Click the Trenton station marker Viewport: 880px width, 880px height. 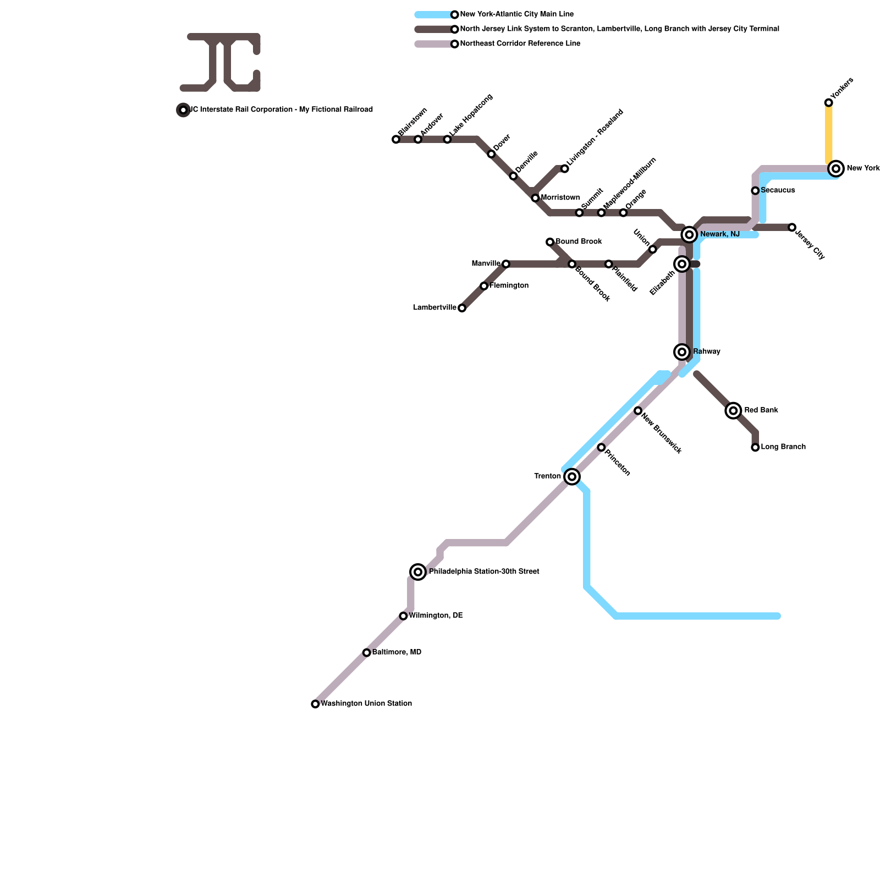pyautogui.click(x=572, y=476)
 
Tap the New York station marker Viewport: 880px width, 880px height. pyautogui.click(x=836, y=168)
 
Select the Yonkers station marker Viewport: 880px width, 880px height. pyautogui.click(x=828, y=103)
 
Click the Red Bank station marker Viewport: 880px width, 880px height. pyautogui.click(x=733, y=410)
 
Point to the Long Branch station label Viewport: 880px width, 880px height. pyautogui.click(x=783, y=447)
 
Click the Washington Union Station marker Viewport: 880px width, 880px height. pyautogui.click(x=315, y=704)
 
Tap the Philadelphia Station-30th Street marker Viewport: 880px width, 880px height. pyautogui.click(x=418, y=572)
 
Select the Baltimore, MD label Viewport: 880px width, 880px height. pyautogui.click(x=397, y=652)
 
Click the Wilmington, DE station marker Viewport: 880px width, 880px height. pyautogui.click(x=403, y=616)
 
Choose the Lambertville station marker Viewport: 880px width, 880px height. pyautogui.click(x=462, y=308)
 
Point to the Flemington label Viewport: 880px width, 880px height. pyautogui.click(x=509, y=286)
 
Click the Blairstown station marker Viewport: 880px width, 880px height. pyautogui.click(x=396, y=139)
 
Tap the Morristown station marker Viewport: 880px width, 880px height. pyautogui.click(x=535, y=198)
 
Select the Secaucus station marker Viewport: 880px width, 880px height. pyautogui.click(x=755, y=191)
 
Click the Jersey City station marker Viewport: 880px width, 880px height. pyautogui.click(x=792, y=227)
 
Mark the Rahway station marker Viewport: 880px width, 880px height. pyautogui.click(x=682, y=352)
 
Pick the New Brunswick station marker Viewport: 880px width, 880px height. pyautogui.click(x=638, y=411)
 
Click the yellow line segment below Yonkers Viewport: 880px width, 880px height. pyautogui.click(x=828, y=135)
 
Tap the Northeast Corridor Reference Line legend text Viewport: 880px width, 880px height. pyautogui.click(x=520, y=44)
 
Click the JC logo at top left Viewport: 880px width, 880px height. pyautogui.click(x=221, y=62)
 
